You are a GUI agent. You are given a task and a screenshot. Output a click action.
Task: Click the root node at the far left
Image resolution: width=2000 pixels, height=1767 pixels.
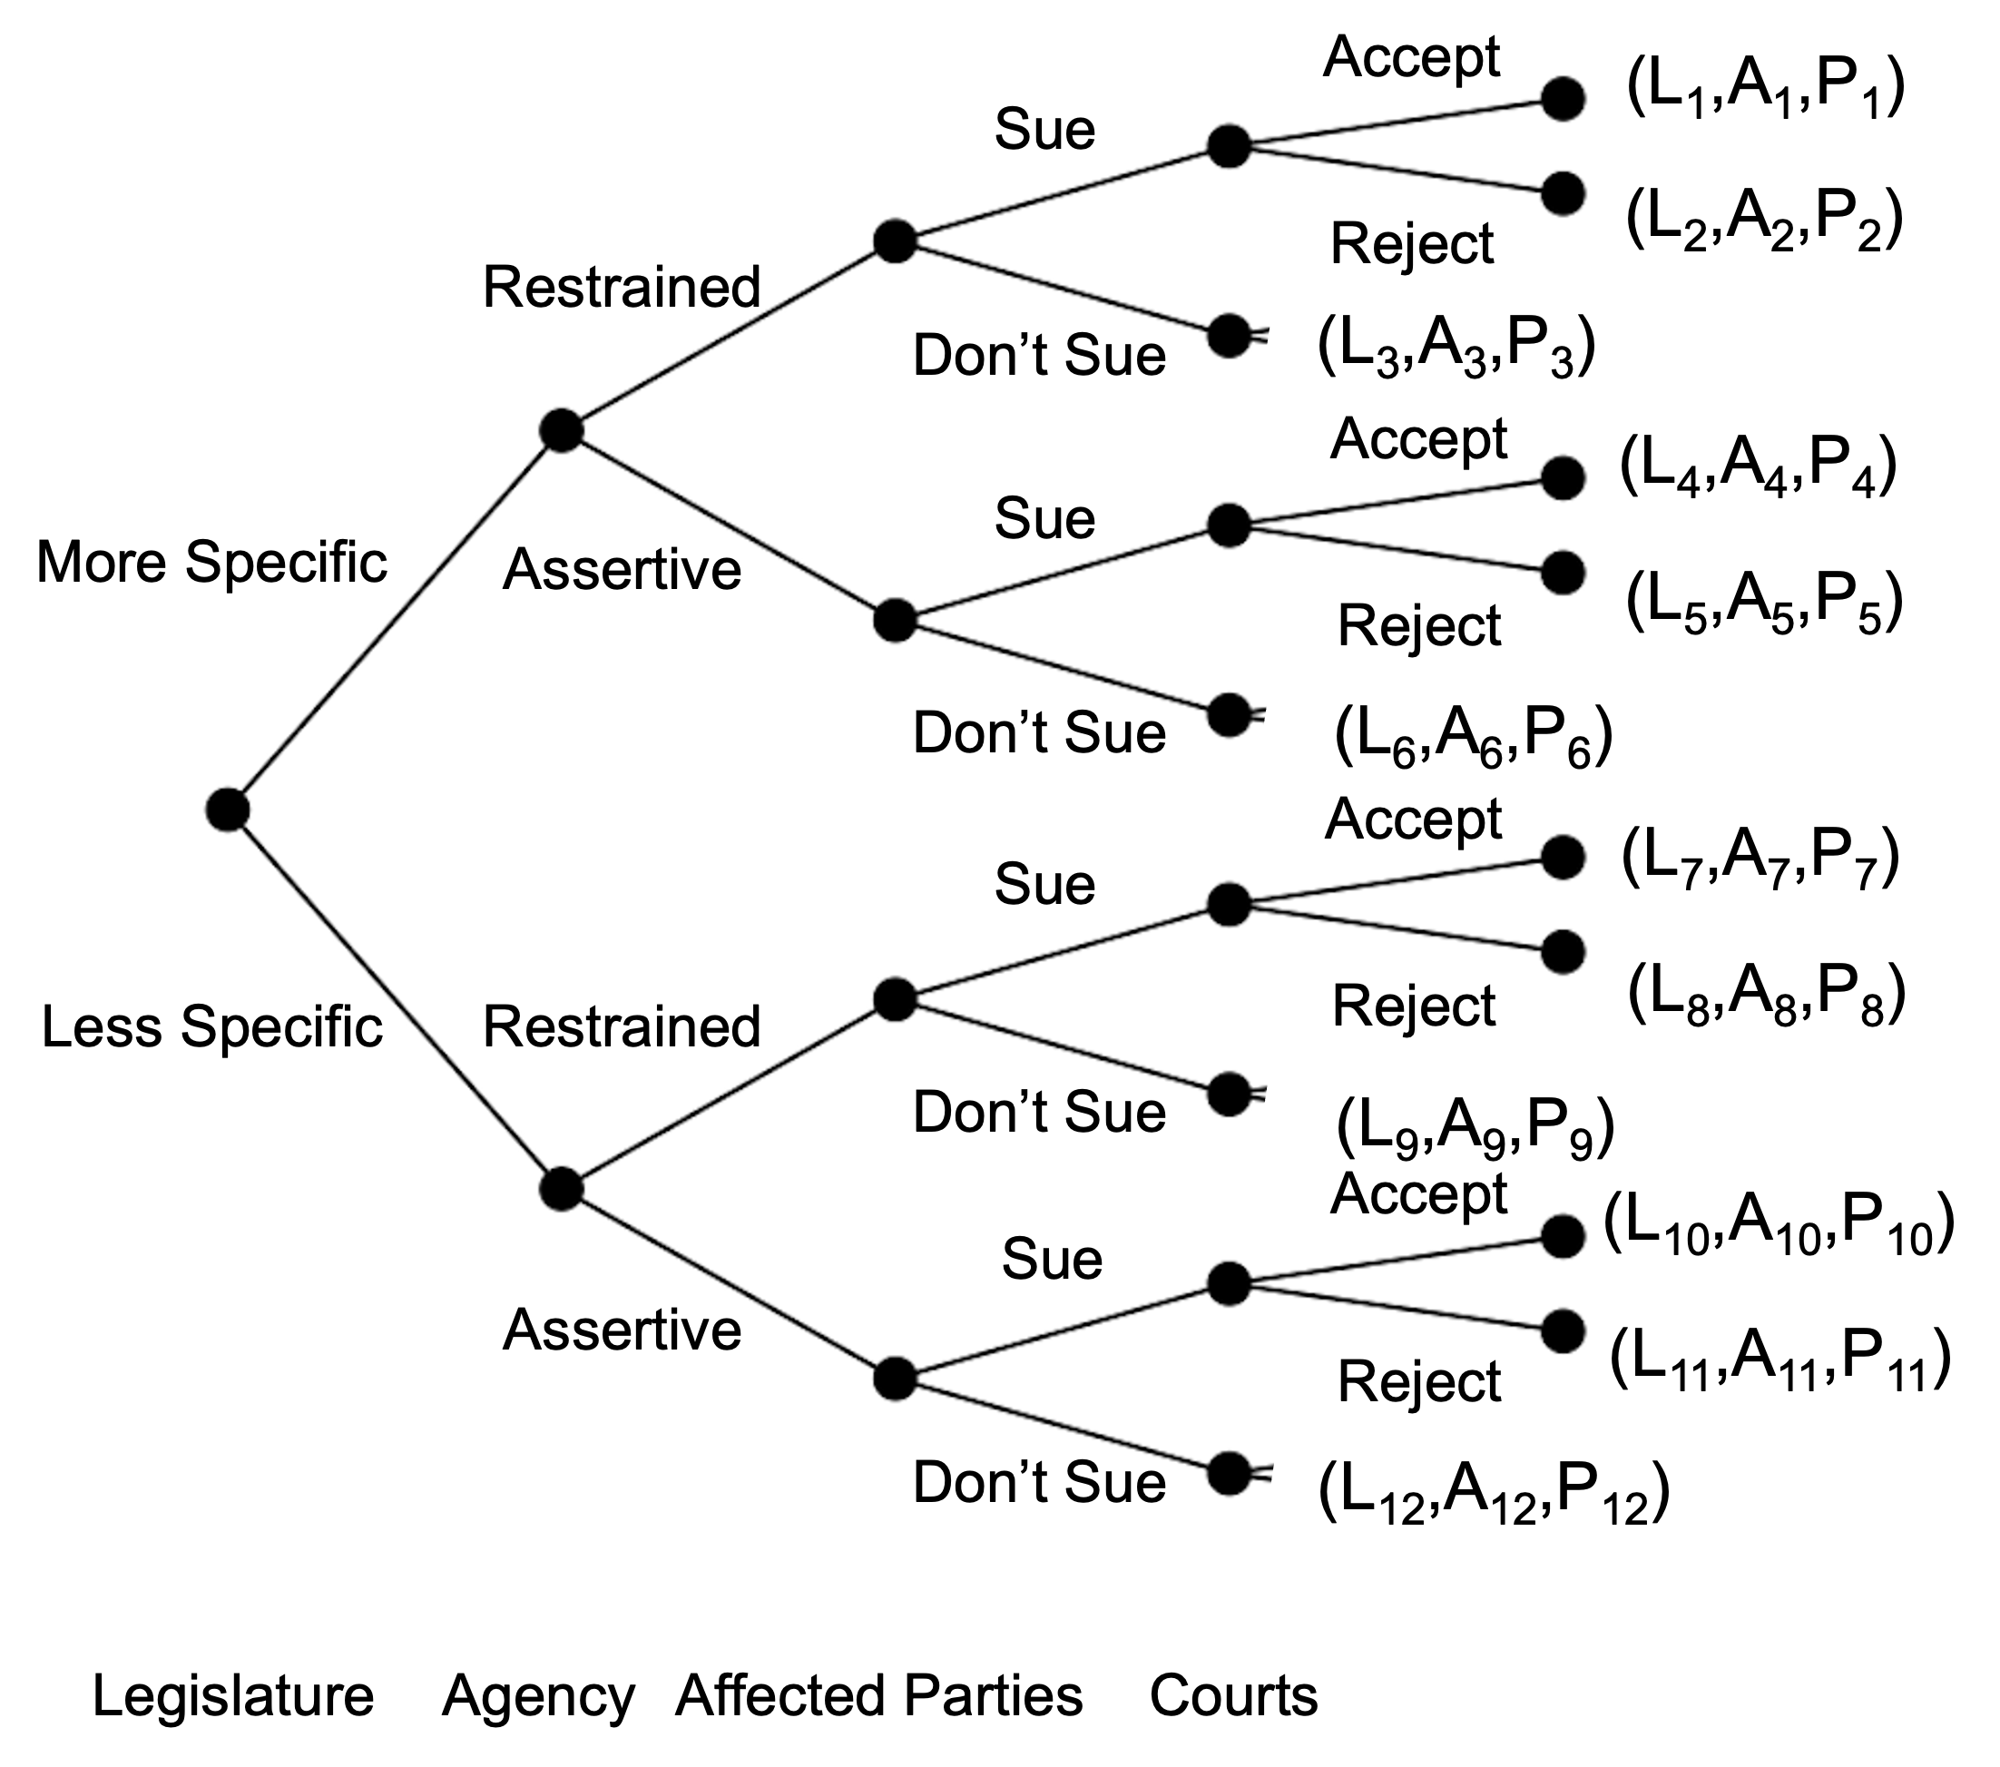(x=227, y=810)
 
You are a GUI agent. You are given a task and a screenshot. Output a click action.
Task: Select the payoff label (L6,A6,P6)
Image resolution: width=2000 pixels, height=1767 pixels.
(x=1473, y=737)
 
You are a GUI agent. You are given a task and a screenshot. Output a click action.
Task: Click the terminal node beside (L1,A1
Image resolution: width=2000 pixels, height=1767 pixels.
(x=1563, y=99)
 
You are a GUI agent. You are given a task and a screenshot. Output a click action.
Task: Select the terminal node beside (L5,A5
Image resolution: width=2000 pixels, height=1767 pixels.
(x=1563, y=573)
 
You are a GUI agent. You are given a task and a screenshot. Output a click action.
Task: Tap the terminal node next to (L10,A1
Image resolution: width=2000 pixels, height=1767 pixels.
(x=1563, y=1237)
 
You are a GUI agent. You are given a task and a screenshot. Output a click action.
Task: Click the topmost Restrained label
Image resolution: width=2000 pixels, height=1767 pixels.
(x=622, y=288)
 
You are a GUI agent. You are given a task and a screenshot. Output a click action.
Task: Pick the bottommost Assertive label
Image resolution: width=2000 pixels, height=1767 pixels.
(x=622, y=1330)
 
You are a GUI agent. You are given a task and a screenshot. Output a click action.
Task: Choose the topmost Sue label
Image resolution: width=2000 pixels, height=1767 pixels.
(x=1044, y=129)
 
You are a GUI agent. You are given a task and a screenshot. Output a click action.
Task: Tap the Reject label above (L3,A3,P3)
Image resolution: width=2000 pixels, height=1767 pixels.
(x=1411, y=243)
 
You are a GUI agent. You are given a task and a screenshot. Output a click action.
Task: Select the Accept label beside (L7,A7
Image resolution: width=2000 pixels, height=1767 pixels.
(x=1413, y=819)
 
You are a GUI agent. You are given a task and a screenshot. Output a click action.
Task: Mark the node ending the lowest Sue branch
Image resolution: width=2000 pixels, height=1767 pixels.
(x=1229, y=1283)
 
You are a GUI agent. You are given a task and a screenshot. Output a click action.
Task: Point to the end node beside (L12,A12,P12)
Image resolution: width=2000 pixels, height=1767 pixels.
(x=1229, y=1474)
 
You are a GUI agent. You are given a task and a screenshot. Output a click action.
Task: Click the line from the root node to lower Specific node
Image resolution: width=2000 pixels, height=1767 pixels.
(x=391, y=998)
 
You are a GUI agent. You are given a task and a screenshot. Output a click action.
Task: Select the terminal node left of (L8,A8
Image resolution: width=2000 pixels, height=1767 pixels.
(x=1563, y=952)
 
